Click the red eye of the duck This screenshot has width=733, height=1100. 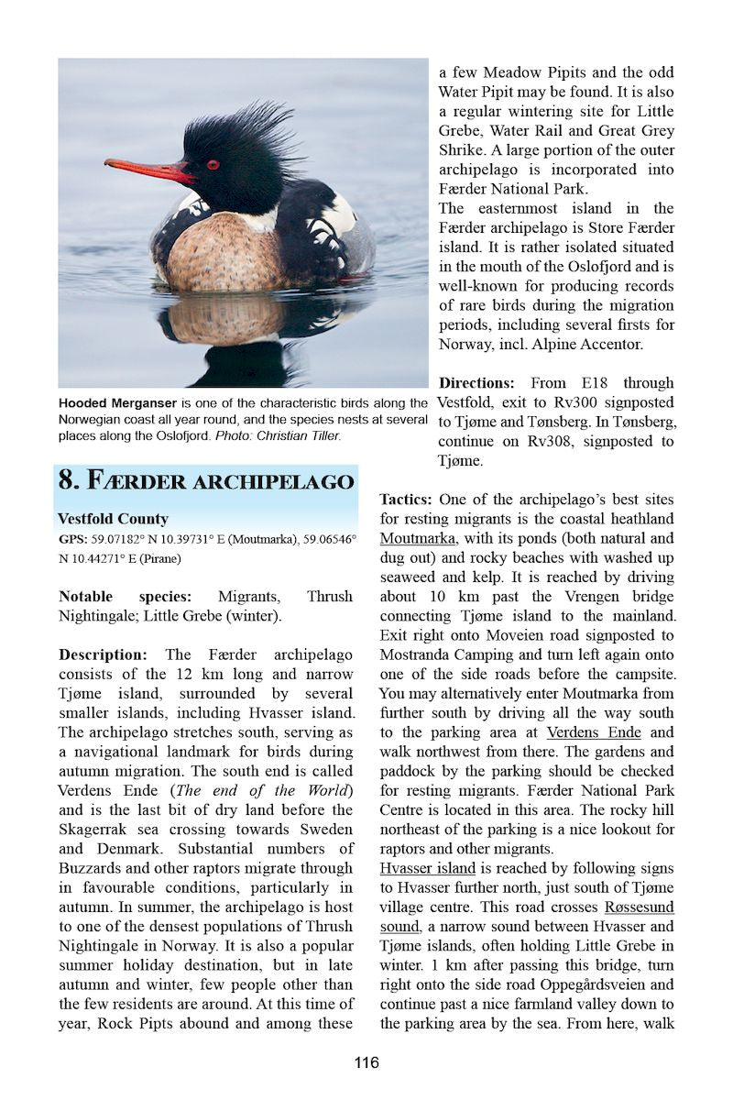pos(213,165)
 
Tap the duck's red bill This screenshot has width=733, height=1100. pos(147,169)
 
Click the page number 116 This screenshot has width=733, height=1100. pos(366,1063)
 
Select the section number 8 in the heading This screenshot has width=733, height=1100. pos(67,480)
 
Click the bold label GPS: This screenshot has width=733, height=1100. pos(72,539)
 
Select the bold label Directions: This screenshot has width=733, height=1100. pos(476,382)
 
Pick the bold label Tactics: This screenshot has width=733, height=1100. pos(406,500)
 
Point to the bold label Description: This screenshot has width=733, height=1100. pos(103,654)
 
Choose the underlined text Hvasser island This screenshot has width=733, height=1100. pos(428,867)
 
